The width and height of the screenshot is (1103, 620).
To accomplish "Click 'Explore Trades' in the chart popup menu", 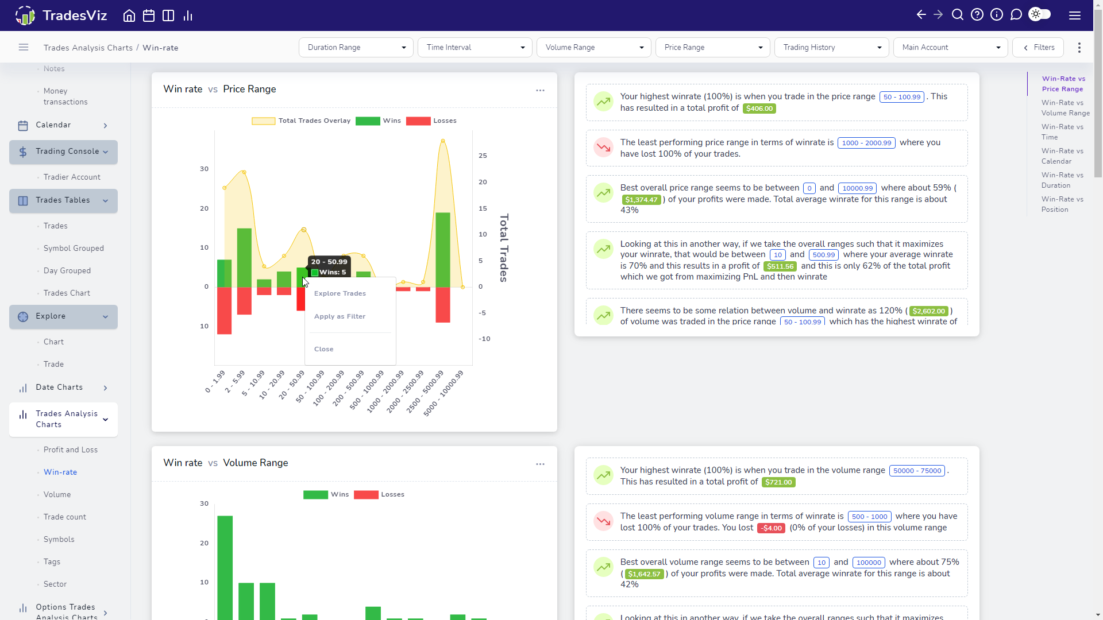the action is pos(340,293).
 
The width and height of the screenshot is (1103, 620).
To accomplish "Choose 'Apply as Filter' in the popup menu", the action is pos(340,316).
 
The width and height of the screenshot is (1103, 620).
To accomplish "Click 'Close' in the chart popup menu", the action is pos(323,349).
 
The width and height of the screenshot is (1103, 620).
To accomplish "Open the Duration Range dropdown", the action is pos(356,48).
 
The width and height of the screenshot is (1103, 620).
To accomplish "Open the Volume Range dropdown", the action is pos(594,48).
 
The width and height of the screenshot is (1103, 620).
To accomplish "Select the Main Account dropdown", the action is pos(951,48).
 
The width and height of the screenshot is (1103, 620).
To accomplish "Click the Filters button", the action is pos(1038,48).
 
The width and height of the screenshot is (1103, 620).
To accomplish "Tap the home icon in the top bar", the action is pos(129,15).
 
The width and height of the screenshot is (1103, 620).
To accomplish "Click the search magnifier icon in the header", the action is pos(958,15).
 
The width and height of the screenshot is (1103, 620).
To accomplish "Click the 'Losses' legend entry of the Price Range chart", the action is pos(431,121).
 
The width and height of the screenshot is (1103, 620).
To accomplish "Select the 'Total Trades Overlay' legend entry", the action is pos(301,121).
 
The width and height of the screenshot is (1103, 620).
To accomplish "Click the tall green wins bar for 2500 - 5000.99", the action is pos(442,250).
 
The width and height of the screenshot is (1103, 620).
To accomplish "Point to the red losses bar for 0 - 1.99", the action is pos(224,311).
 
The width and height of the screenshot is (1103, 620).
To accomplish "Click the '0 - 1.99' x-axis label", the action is pos(215,382).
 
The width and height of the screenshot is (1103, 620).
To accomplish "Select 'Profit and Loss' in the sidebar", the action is pos(71,450).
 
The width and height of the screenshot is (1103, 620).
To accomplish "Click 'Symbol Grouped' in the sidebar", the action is pos(74,249).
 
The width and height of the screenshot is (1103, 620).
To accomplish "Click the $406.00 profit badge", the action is pos(759,108).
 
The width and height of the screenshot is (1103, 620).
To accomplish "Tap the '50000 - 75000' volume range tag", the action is pos(917,471).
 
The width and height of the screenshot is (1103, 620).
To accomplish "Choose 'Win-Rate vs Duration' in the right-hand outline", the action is pos(1063,180).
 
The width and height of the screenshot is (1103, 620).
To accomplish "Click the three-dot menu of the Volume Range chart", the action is pos(540,464).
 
